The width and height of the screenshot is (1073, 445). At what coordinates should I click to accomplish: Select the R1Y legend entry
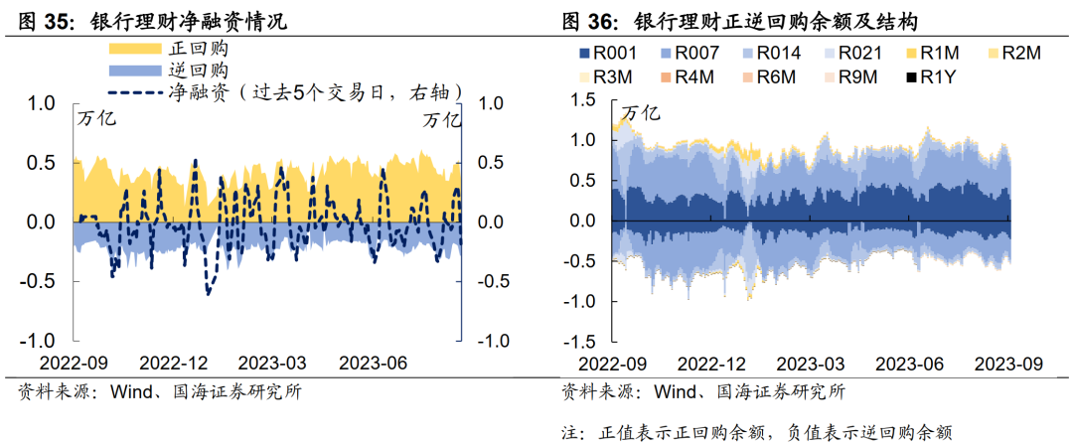tap(929, 76)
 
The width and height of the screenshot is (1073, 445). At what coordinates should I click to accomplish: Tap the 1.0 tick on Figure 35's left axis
tap(43, 101)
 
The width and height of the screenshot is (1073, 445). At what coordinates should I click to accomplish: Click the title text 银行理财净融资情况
tap(188, 19)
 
